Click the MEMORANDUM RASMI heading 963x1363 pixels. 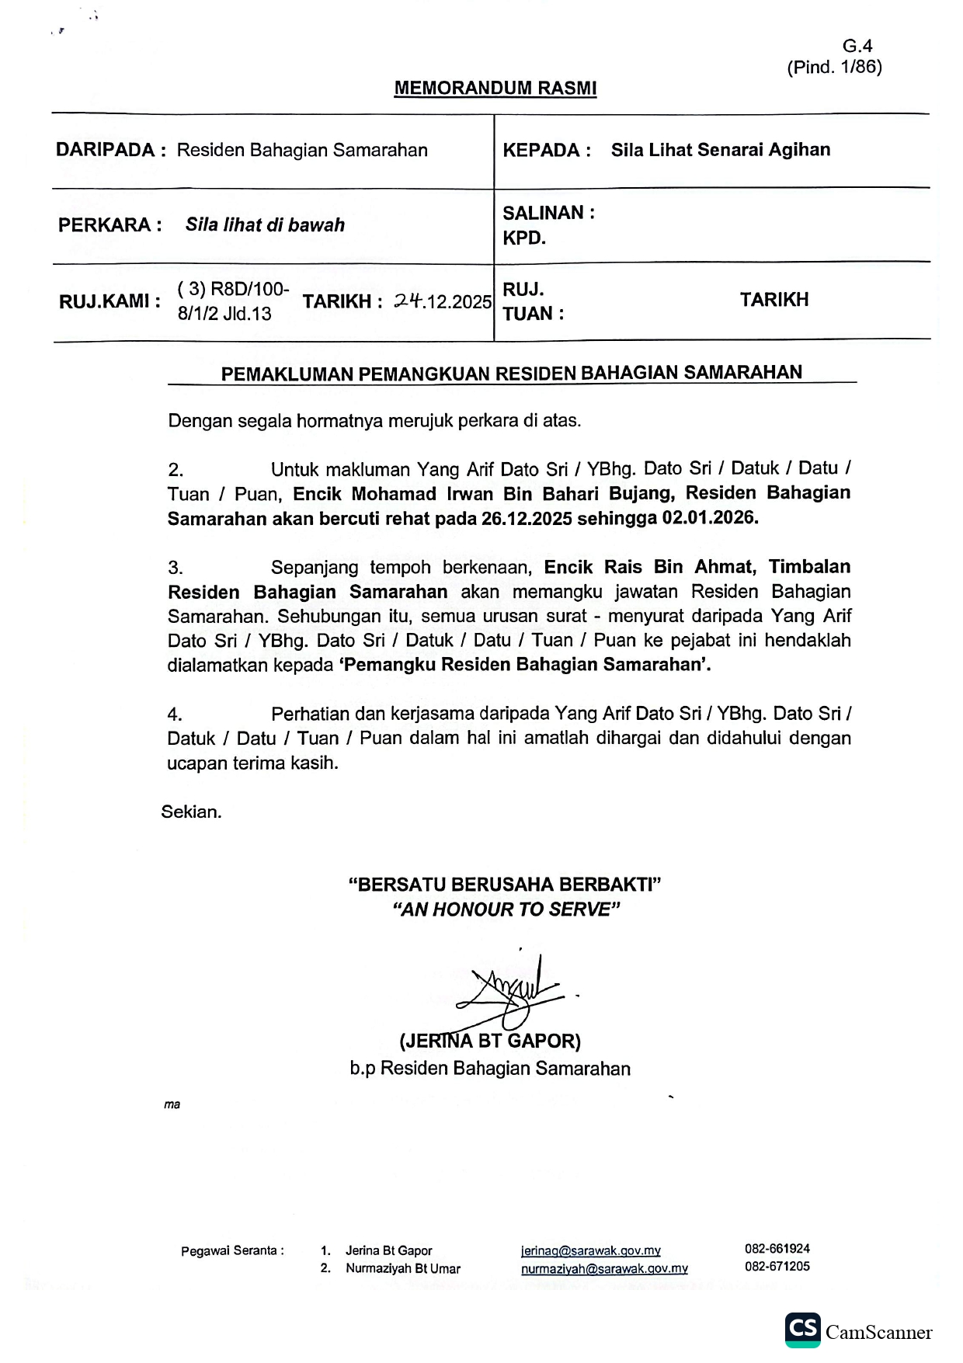tap(495, 89)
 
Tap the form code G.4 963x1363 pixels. tap(857, 47)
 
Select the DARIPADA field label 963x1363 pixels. tap(110, 150)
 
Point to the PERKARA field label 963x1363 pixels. tap(110, 225)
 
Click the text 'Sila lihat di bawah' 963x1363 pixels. tap(265, 225)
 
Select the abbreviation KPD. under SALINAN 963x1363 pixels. tap(524, 238)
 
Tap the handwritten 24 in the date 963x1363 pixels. tap(407, 301)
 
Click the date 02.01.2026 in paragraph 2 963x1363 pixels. tap(710, 518)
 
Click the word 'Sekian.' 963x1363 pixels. tap(191, 812)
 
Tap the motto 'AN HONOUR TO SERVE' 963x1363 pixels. tap(506, 909)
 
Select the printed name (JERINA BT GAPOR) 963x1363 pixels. tap(489, 1041)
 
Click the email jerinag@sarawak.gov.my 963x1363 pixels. tap(590, 1250)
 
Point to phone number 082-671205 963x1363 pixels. tap(777, 1266)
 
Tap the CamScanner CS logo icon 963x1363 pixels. tap(802, 1330)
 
